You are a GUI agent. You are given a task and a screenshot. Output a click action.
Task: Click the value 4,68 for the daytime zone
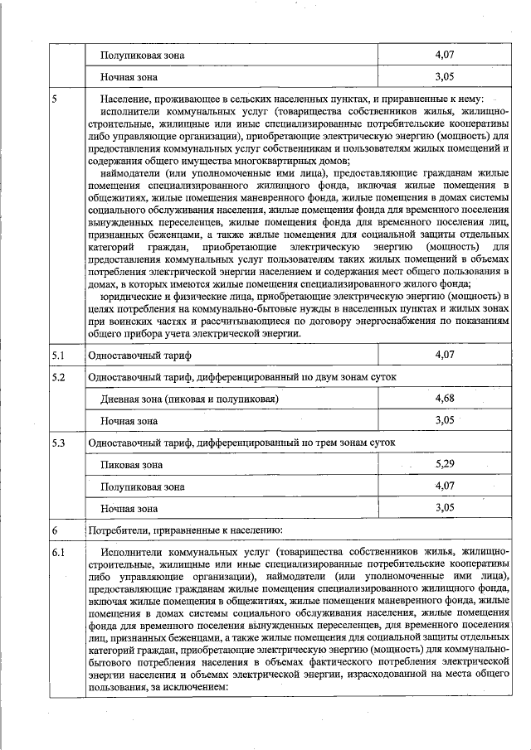(x=446, y=399)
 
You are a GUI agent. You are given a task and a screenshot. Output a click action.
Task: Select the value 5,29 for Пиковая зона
(x=446, y=464)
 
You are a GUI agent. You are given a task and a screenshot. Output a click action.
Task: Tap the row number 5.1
(x=58, y=355)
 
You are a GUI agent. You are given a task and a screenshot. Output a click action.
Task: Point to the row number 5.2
(x=58, y=377)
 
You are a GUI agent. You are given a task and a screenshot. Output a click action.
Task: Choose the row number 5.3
(x=58, y=443)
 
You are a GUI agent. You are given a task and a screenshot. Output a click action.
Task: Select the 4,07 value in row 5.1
(x=446, y=355)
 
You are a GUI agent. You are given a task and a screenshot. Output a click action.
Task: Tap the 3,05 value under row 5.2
(x=446, y=420)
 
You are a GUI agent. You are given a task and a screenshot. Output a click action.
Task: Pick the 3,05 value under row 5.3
(x=446, y=506)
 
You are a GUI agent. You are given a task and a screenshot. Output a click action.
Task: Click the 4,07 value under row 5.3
(x=446, y=486)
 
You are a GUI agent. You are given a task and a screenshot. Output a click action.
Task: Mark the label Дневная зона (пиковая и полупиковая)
(x=189, y=399)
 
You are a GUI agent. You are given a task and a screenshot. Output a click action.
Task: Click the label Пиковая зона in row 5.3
(x=131, y=465)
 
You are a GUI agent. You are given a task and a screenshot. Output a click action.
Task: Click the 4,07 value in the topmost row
(x=446, y=56)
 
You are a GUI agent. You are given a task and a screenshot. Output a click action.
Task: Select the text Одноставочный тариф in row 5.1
(x=139, y=356)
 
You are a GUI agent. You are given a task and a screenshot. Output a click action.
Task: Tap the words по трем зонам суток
(x=347, y=443)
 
